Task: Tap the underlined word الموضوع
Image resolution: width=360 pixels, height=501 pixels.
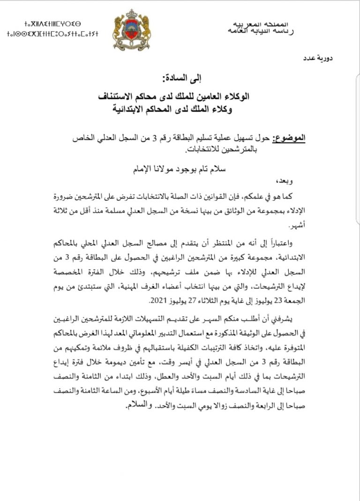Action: coord(292,139)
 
